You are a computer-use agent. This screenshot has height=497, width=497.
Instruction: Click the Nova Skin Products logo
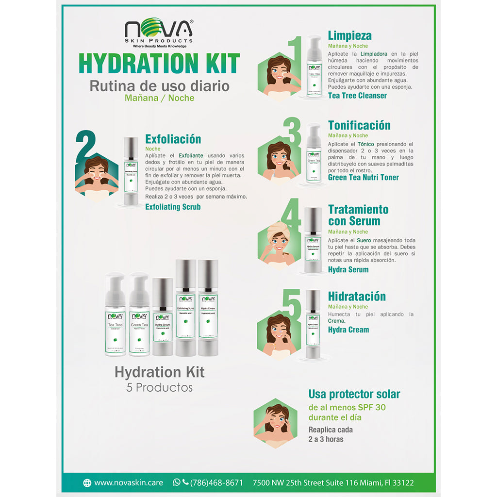159,33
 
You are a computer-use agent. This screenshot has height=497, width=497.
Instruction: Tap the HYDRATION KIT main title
159,64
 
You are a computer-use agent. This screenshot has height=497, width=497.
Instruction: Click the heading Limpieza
349,35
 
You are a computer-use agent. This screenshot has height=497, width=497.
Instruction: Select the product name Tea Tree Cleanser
357,96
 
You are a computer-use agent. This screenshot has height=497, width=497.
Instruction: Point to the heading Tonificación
359,125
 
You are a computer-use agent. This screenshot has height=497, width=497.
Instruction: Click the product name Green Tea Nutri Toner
363,177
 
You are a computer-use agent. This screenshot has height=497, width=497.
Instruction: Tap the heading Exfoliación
173,139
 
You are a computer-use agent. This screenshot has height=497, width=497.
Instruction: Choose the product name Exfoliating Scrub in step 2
173,207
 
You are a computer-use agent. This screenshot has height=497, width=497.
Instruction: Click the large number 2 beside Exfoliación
85,146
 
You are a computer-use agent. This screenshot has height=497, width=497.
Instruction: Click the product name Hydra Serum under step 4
348,269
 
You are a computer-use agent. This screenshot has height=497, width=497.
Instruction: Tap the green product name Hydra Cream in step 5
348,330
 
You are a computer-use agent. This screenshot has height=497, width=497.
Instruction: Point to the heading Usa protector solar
354,394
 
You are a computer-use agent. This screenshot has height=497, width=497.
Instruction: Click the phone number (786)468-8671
216,482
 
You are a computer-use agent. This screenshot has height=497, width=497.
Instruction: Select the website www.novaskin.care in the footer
129,482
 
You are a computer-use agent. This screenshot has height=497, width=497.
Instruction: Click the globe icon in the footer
87,482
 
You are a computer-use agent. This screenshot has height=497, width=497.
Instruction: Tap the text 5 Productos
159,388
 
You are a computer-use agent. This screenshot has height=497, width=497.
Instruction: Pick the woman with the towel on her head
278,241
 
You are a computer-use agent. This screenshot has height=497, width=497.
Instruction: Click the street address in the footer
333,482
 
